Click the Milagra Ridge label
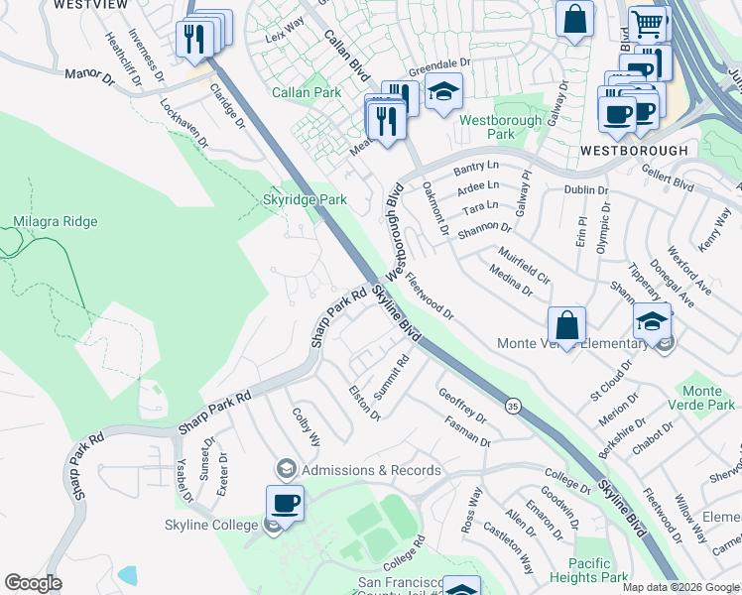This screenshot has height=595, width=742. pos(56,221)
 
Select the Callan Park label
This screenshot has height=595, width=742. pos(307,92)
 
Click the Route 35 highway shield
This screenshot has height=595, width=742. pos(513,406)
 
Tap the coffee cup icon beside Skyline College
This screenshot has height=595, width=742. pos(285,503)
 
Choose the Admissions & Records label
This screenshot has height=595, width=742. pos(371,470)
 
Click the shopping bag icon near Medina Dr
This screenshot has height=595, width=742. pos(566,324)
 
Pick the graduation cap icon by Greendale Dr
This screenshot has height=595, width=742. pos(444,91)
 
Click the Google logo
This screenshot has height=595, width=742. pos(33,583)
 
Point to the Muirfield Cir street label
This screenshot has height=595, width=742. pos(524,268)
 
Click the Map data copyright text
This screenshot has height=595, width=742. pos(680,587)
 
